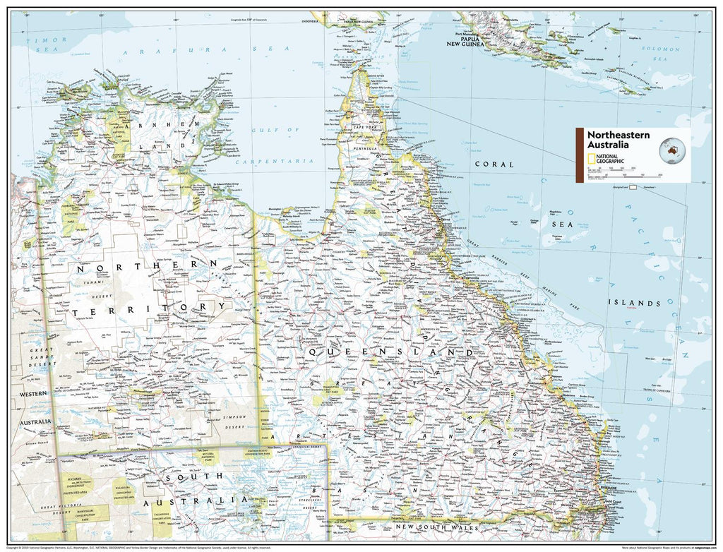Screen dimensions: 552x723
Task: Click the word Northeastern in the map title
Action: (614, 136)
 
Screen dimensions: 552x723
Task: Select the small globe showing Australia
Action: (672, 149)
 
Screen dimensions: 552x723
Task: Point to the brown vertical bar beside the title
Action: (580, 155)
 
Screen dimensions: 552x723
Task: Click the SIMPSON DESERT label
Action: (233, 421)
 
